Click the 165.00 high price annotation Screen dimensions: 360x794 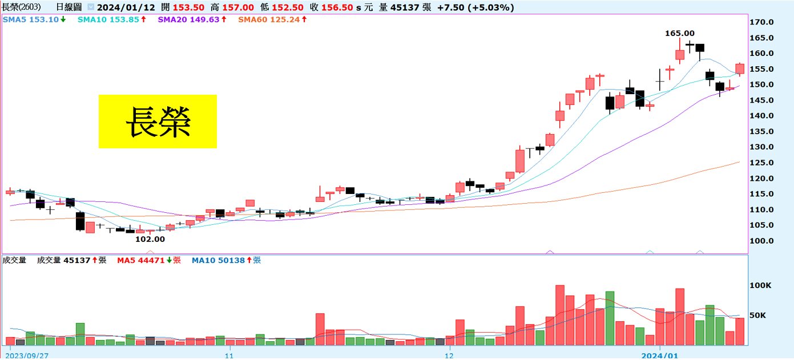pos(680,34)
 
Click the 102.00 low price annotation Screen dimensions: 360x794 pos(150,239)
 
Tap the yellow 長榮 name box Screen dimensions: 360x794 pos(158,122)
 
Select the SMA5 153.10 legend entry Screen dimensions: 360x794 pos(34,19)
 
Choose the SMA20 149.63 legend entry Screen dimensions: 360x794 pos(192,19)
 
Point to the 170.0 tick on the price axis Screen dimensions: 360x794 pos(762,22)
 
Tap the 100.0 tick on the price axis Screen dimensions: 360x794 pos(762,241)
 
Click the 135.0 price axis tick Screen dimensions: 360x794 pos(762,131)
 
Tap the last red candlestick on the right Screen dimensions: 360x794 pos(740,68)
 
